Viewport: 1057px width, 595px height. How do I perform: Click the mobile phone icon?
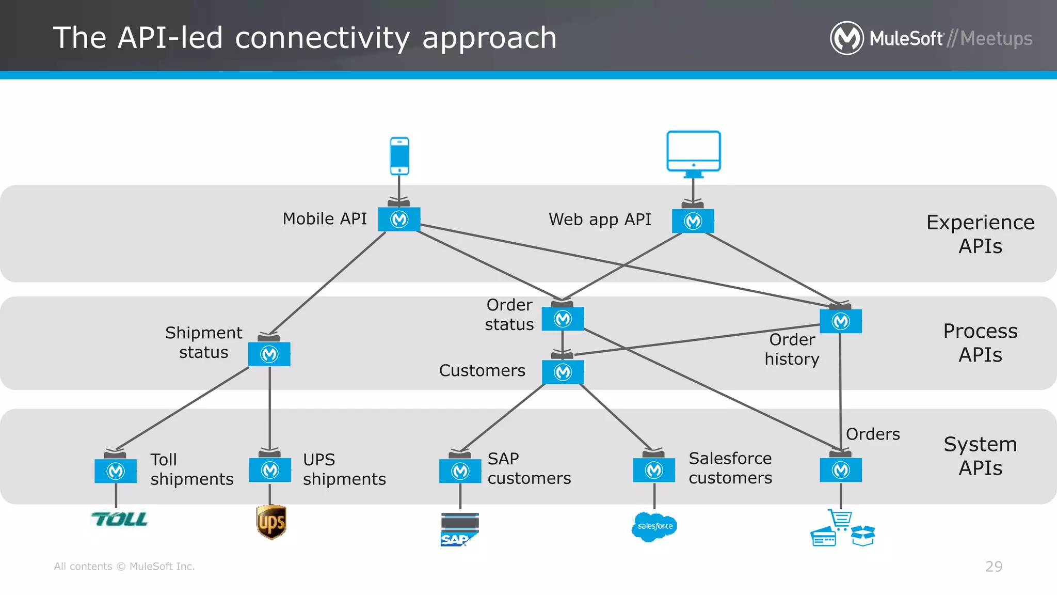tap(399, 156)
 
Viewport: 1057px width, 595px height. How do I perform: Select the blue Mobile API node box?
tap(399, 220)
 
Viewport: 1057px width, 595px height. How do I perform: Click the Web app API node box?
tap(693, 221)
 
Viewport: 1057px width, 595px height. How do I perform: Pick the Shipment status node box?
tap(269, 354)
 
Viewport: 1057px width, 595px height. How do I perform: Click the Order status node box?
tap(563, 319)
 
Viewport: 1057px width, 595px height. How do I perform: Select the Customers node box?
tap(563, 372)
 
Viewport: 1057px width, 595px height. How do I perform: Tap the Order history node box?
tap(841, 321)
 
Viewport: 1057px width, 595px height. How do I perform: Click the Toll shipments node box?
tap(116, 471)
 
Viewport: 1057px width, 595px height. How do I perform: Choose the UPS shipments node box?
tap(270, 470)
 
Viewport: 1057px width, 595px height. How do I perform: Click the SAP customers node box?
tap(460, 471)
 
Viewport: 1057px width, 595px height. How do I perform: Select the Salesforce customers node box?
tap(654, 470)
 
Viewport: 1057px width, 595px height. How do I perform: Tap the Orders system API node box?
tap(841, 470)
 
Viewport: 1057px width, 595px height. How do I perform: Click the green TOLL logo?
tap(120, 519)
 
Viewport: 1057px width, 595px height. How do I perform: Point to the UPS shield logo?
tap(271, 522)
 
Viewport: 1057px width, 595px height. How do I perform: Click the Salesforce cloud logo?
tap(654, 526)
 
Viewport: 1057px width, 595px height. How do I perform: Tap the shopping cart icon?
tap(840, 519)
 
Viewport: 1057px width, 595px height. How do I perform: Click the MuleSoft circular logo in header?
tap(846, 38)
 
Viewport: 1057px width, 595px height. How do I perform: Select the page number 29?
tap(994, 567)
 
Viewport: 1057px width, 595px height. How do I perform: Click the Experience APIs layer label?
tap(980, 234)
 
